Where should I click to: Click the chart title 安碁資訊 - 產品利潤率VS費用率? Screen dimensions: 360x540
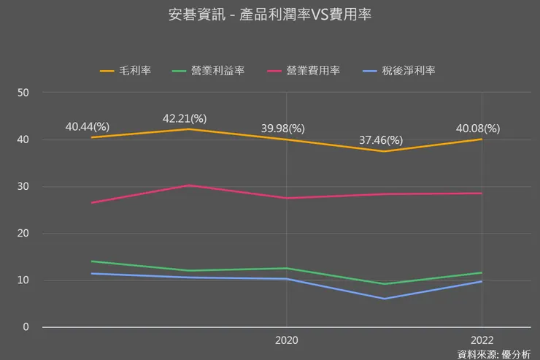tap(270, 15)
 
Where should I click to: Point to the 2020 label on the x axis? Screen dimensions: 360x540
tap(286, 340)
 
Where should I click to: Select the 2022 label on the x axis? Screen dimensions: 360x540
tap(482, 340)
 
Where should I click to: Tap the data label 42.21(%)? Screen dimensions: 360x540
tap(185, 118)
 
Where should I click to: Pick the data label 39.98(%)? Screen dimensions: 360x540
tap(283, 128)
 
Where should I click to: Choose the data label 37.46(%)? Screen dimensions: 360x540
tap(381, 139)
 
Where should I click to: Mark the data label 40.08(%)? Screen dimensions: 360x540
tap(478, 128)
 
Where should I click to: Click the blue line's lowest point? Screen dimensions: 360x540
tap(384, 299)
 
